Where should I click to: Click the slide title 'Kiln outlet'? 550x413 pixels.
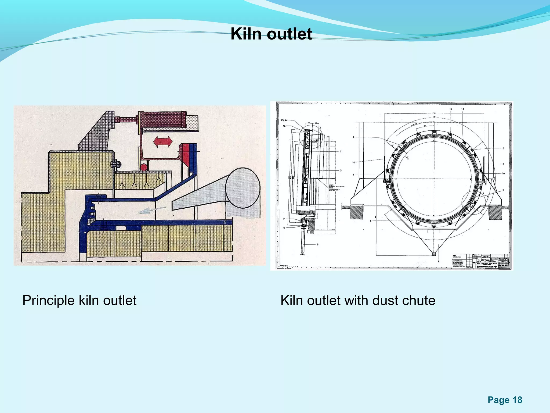pyautogui.click(x=271, y=34)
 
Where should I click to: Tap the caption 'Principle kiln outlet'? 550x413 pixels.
pyautogui.click(x=79, y=300)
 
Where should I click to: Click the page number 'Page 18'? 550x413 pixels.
pyautogui.click(x=505, y=400)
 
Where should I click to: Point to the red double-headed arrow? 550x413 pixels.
pyautogui.click(x=163, y=141)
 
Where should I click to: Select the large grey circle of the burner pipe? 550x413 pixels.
pyautogui.click(x=243, y=188)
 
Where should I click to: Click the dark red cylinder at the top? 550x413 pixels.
pyautogui.click(x=162, y=120)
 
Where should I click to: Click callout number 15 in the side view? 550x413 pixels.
pyautogui.click(x=284, y=126)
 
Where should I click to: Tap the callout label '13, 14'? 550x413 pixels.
pyautogui.click(x=284, y=120)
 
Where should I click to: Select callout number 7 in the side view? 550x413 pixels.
pyautogui.click(x=284, y=219)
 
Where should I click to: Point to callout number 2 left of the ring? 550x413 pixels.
pyautogui.click(x=354, y=137)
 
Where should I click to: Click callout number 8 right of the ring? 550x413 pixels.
pyautogui.click(x=503, y=148)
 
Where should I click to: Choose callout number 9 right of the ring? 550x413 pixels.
pyautogui.click(x=503, y=190)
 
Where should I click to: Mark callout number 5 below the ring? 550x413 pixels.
pyautogui.click(x=371, y=221)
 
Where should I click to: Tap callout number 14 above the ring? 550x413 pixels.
pyautogui.click(x=463, y=109)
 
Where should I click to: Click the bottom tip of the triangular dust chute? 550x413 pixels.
pyautogui.click(x=434, y=254)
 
